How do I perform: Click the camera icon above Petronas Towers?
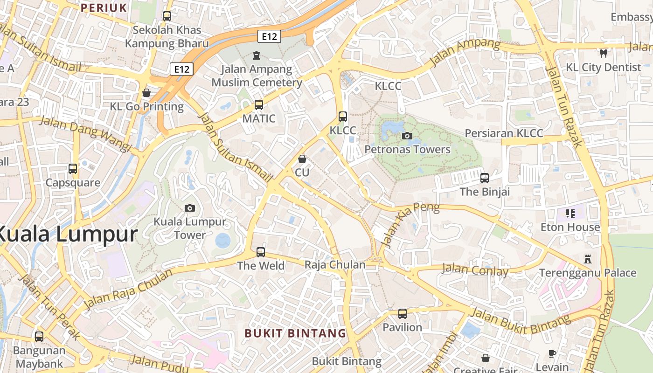pyautogui.click(x=407, y=136)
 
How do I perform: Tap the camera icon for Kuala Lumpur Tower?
pyautogui.click(x=190, y=208)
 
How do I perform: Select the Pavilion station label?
pyautogui.click(x=402, y=327)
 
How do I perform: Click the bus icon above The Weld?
pyautogui.click(x=261, y=252)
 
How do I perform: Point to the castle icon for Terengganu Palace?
pyautogui.click(x=588, y=259)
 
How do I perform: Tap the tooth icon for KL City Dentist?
pyautogui.click(x=604, y=54)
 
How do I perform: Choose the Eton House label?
pyautogui.click(x=570, y=228)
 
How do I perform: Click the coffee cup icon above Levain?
pyautogui.click(x=552, y=353)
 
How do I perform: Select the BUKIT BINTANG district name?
pyautogui.click(x=296, y=333)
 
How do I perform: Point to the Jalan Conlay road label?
pyautogui.click(x=475, y=270)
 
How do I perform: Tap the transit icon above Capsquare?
pyautogui.click(x=73, y=169)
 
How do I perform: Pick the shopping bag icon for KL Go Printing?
pyautogui.click(x=146, y=93)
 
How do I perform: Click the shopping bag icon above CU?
pyautogui.click(x=302, y=159)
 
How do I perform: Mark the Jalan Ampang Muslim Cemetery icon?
pyautogui.click(x=256, y=56)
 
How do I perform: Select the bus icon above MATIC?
pyautogui.click(x=259, y=105)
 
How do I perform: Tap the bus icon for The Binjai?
pyautogui.click(x=485, y=178)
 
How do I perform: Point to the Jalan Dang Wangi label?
pyautogui.click(x=85, y=134)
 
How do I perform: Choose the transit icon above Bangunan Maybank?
pyautogui.click(x=39, y=336)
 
